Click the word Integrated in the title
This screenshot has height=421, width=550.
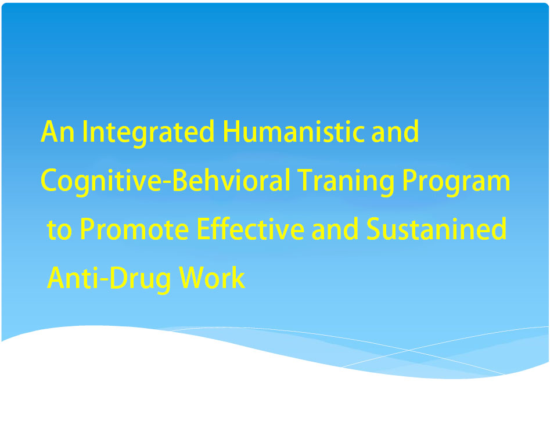[x=148, y=132]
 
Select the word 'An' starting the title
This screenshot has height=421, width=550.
[x=57, y=132]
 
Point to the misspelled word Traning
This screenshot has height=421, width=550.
[x=346, y=181]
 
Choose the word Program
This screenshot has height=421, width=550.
[x=456, y=181]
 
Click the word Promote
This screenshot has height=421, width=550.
[x=134, y=229]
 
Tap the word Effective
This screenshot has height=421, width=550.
[x=250, y=228]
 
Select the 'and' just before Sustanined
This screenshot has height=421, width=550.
[x=335, y=228]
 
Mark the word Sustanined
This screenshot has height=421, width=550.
[x=437, y=228]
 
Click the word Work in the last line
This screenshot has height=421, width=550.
[x=212, y=277]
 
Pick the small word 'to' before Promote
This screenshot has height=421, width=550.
[x=59, y=230]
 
